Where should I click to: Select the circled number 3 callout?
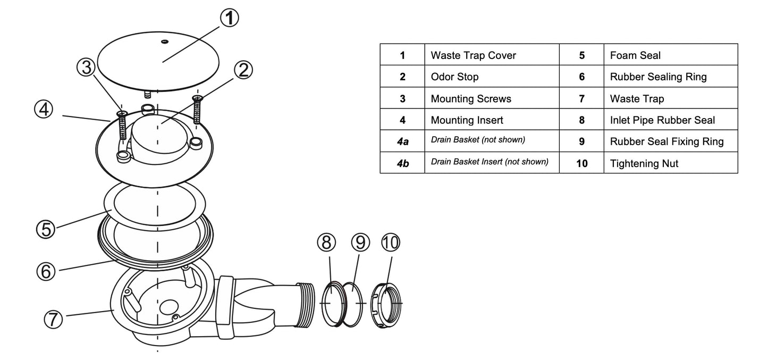[x=86, y=68]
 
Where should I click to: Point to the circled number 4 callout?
[x=44, y=110]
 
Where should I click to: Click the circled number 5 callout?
[x=46, y=230]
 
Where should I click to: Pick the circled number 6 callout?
[x=46, y=271]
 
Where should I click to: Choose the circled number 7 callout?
[x=53, y=319]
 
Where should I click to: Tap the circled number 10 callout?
[x=391, y=242]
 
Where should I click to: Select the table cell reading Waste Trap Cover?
[x=473, y=55]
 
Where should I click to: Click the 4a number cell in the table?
[x=402, y=141]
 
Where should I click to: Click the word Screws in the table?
[x=494, y=99]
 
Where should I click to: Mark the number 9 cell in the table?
[x=581, y=141]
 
